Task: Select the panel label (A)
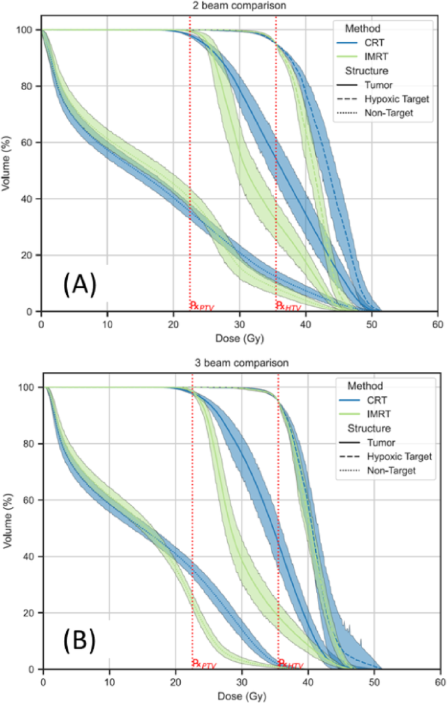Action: point(80,284)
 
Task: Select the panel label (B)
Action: point(80,642)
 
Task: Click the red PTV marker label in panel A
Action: point(202,306)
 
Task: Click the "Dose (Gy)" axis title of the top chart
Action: point(239,338)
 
